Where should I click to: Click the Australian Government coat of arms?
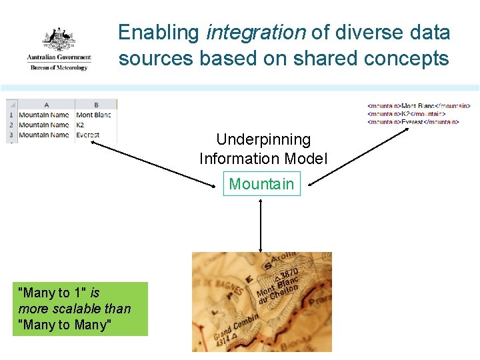59,39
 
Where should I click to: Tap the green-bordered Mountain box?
261,184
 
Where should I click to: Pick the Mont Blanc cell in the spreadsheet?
93,115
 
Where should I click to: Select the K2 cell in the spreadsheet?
81,125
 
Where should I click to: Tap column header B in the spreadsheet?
96,105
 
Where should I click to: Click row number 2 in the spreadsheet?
11,125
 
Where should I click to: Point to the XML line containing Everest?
413,122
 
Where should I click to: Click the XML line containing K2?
406,113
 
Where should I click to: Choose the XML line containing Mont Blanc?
419,105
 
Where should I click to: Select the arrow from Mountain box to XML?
360,157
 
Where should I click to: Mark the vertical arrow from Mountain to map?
261,225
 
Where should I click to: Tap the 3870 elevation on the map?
288,275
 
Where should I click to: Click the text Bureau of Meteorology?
58,67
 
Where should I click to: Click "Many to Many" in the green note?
65,325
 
